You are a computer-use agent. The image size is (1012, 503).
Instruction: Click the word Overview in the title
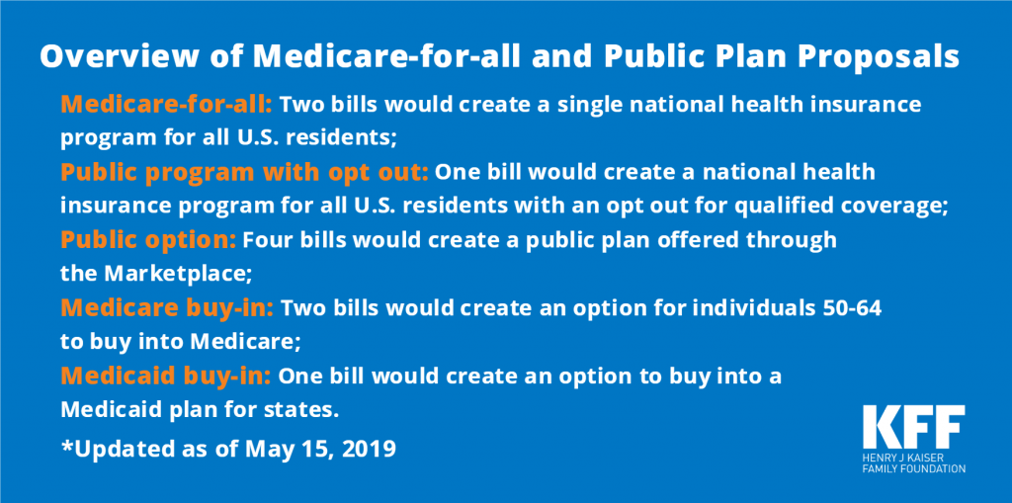(x=120, y=56)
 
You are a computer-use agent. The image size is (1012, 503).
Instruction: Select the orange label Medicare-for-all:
(x=167, y=104)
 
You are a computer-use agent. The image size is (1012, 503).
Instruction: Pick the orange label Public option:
(x=148, y=241)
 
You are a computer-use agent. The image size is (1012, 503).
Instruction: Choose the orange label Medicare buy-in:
(x=167, y=308)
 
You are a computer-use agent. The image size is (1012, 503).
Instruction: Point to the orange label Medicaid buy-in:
(x=166, y=376)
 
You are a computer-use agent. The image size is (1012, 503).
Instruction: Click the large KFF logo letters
(x=914, y=427)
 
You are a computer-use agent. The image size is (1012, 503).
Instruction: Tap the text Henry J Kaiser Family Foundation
(x=914, y=462)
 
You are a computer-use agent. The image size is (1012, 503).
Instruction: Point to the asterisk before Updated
(x=66, y=445)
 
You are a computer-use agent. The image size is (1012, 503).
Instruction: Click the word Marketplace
(x=175, y=274)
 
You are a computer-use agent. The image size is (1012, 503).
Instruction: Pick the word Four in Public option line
(x=265, y=241)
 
